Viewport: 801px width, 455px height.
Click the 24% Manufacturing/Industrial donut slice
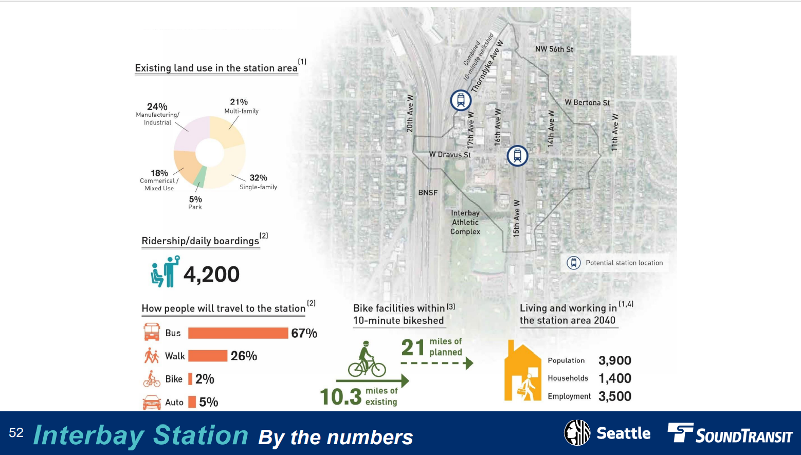coord(190,134)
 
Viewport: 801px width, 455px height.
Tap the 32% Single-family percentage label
coord(258,178)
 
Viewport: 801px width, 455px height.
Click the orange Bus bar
coord(238,333)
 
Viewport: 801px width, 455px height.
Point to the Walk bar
coord(208,356)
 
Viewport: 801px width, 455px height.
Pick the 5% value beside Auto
coord(209,402)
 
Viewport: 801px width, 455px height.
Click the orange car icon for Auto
coord(152,402)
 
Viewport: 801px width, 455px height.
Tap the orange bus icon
coord(152,332)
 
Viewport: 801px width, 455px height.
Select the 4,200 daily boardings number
coord(211,275)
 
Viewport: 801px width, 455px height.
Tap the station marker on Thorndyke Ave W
coord(461,100)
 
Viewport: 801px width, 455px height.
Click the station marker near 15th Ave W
coord(517,155)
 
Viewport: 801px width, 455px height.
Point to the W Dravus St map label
coord(450,154)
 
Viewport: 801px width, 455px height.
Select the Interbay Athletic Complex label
coord(465,222)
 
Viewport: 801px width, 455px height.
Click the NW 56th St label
coord(554,49)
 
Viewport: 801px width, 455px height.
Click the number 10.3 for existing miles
coord(340,397)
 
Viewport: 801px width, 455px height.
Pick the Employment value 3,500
coord(615,396)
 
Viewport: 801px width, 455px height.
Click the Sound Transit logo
coord(730,433)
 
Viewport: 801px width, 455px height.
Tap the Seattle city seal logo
coord(577,432)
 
